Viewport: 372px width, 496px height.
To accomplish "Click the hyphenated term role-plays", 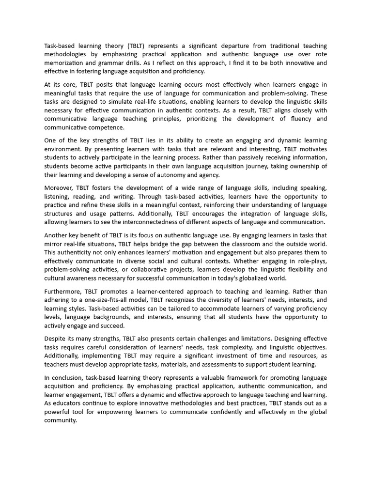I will (311, 261).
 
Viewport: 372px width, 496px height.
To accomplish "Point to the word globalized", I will (247, 279).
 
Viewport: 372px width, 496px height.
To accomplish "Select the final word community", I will (60, 420).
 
